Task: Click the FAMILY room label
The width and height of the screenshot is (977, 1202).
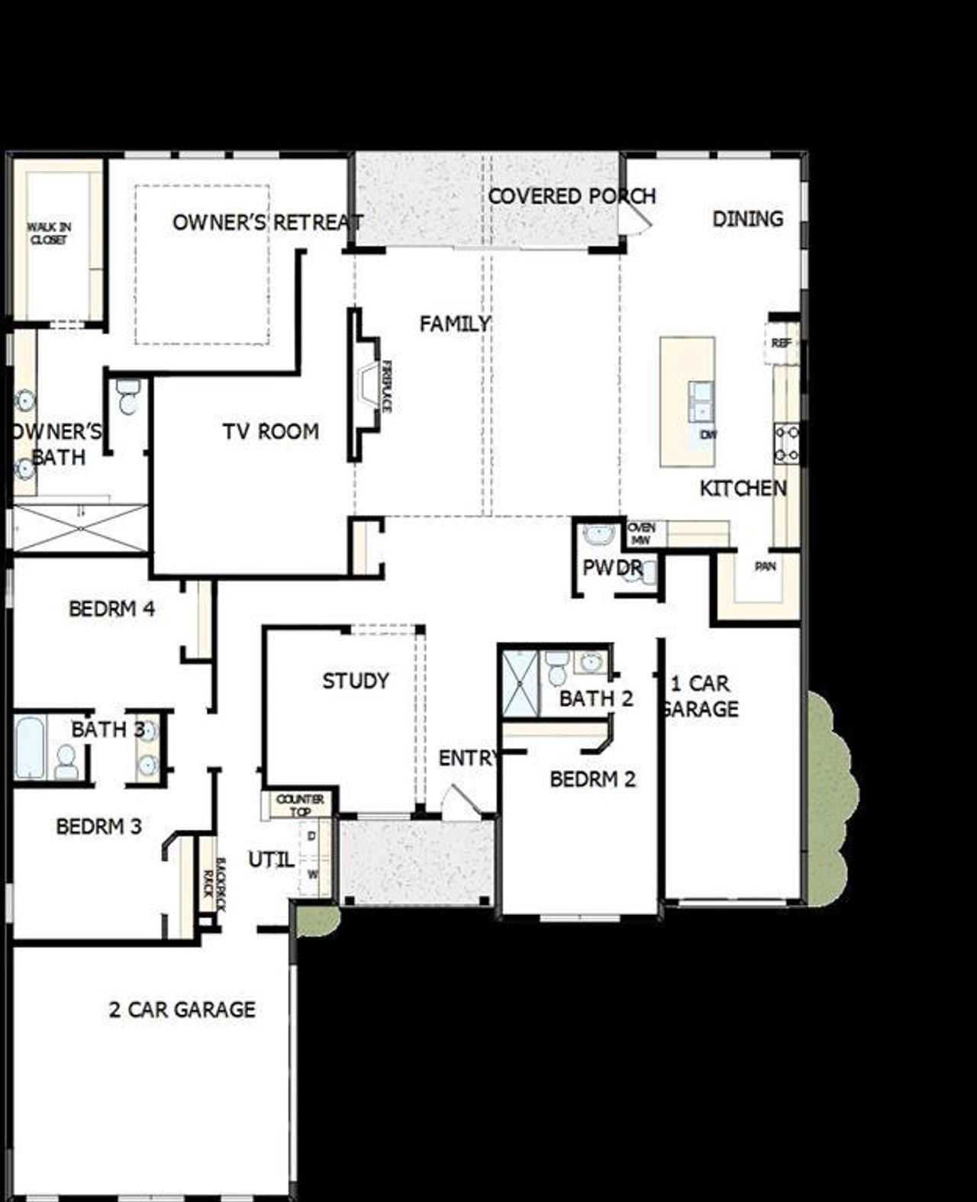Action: point(455,324)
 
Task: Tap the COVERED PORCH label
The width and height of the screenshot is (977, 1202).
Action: point(572,196)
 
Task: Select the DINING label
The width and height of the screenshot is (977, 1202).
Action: point(747,219)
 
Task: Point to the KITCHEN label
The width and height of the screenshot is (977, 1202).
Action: point(743,488)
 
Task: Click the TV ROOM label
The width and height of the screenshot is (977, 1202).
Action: point(271,432)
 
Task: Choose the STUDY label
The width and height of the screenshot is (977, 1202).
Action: point(356,681)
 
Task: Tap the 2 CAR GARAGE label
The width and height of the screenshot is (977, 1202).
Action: point(182,1010)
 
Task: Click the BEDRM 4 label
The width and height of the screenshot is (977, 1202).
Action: point(111,609)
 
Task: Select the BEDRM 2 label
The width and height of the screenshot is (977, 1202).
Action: point(592,779)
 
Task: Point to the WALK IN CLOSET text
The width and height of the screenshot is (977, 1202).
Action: point(49,234)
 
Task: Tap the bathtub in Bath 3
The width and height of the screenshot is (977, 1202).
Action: point(30,747)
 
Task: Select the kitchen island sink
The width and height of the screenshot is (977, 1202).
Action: point(701,401)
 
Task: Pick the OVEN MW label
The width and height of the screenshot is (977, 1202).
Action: point(641,533)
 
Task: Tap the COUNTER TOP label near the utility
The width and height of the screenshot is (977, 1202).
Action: point(300,805)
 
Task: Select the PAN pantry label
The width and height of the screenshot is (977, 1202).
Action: point(765,567)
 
